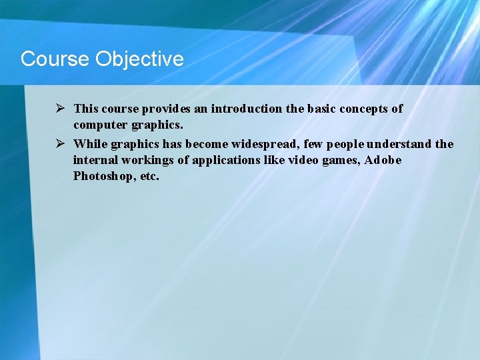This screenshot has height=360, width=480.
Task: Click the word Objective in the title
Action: tap(139, 59)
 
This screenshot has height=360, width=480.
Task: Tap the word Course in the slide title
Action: tap(55, 59)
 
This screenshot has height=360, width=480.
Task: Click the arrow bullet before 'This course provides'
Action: tap(59, 108)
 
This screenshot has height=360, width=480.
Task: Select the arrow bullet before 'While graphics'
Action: tap(59, 143)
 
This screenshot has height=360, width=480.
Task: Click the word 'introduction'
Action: tap(245, 109)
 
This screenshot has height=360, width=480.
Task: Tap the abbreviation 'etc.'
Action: tap(148, 177)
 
